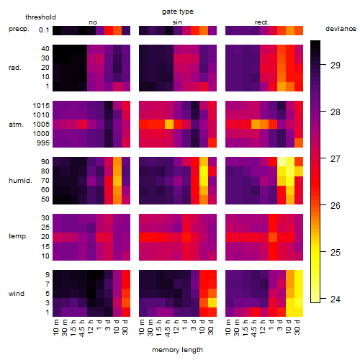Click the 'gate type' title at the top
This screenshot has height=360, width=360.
[x=178, y=12]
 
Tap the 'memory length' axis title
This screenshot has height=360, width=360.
[x=177, y=350]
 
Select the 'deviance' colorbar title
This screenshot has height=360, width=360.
[x=341, y=29]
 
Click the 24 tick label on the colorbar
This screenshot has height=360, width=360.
[x=335, y=300]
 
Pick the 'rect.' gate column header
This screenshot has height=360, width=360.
[x=261, y=22]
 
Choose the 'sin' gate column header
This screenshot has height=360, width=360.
[x=177, y=22]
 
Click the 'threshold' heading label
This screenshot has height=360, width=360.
[x=40, y=17]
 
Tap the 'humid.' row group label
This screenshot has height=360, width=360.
[x=20, y=181]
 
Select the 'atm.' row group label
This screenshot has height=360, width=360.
[x=16, y=125]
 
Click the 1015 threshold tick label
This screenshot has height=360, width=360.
[x=41, y=106]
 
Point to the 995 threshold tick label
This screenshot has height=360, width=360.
[x=43, y=143]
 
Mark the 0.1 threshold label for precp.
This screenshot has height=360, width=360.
[x=44, y=30]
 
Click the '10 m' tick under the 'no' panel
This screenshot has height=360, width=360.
[x=56, y=328]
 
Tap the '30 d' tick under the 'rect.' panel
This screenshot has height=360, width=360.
[x=297, y=328]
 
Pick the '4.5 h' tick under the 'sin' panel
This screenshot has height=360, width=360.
[x=168, y=328]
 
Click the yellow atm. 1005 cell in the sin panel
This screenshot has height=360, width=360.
[x=169, y=125]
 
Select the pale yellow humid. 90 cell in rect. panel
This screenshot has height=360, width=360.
[x=282, y=162]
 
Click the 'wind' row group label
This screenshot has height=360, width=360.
[x=17, y=294]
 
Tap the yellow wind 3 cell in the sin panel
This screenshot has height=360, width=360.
[x=212, y=303]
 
